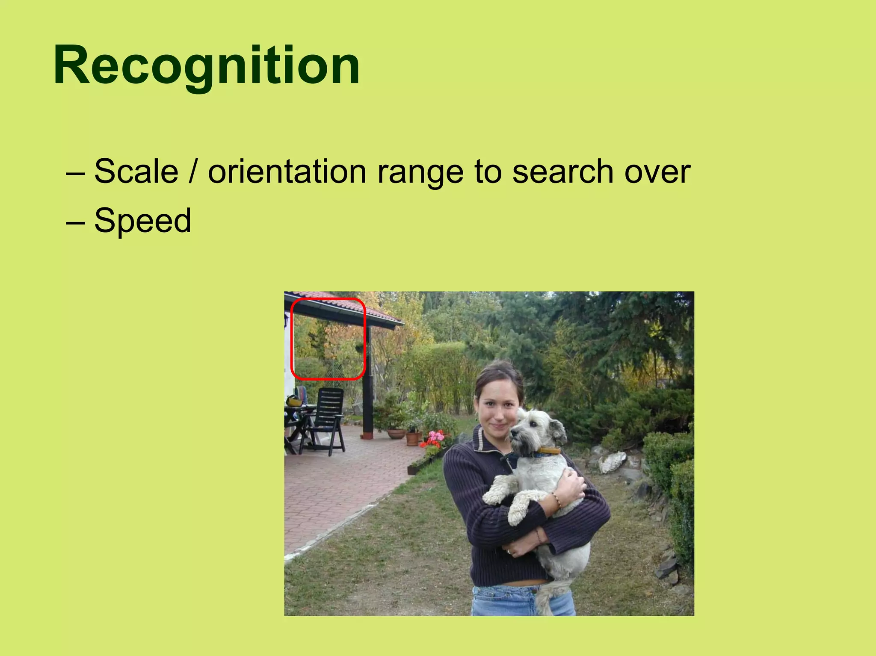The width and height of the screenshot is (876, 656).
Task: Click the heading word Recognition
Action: click(x=207, y=66)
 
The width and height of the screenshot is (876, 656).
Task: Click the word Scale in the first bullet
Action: click(x=136, y=171)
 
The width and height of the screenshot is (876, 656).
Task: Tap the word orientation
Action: click(x=287, y=171)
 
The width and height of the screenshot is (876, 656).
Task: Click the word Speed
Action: click(x=142, y=221)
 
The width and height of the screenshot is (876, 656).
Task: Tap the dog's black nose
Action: click(x=513, y=434)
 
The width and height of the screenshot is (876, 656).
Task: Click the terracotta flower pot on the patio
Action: click(x=413, y=438)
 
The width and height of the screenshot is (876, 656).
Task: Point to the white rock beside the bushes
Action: click(x=613, y=462)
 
